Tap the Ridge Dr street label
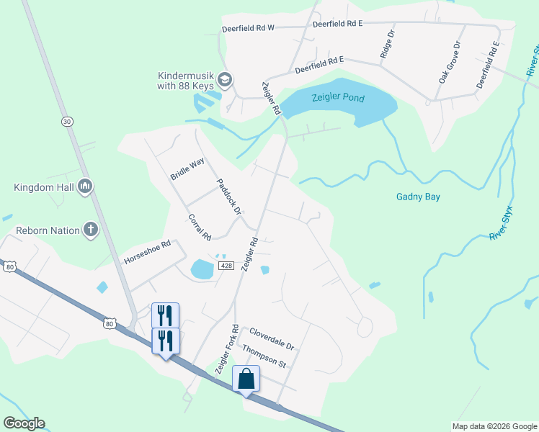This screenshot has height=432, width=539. (388, 44)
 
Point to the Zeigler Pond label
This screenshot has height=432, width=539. (338, 98)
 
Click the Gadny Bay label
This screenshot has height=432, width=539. (418, 197)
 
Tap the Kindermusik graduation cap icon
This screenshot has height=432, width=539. (225, 78)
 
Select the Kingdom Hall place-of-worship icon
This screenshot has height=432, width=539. (85, 187)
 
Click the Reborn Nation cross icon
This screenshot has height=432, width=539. (91, 230)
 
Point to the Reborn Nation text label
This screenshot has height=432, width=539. (45, 230)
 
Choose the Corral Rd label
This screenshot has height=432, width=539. (199, 228)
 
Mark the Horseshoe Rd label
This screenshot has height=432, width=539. (147, 252)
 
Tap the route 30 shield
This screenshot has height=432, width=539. (67, 122)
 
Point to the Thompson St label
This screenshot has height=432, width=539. (264, 356)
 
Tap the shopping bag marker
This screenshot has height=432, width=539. (246, 379)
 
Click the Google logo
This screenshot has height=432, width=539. (24, 423)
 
